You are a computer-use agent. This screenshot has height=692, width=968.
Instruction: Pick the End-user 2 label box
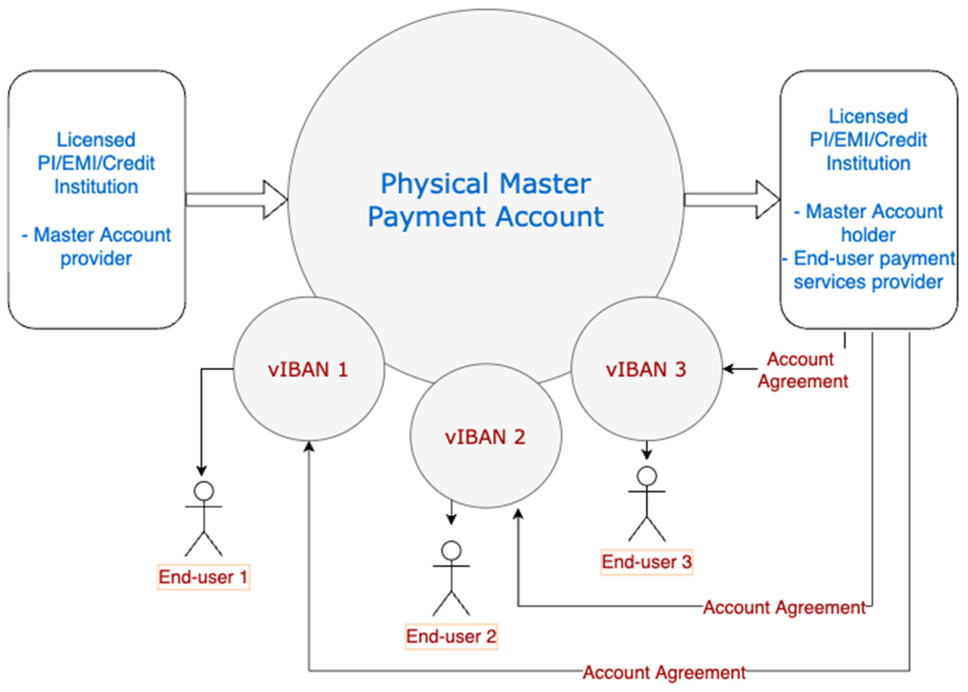[451, 637]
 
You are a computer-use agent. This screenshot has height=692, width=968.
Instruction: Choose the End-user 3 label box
[646, 562]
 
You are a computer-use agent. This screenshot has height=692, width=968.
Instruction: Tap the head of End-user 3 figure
[647, 476]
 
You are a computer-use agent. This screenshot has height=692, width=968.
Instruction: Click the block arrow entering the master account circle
[237, 199]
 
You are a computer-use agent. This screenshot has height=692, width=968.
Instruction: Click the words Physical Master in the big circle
[486, 184]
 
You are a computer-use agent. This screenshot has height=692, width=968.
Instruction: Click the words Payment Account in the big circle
[486, 216]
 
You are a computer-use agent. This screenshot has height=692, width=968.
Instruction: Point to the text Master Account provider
[96, 246]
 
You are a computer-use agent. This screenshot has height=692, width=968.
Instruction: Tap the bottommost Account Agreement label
[664, 673]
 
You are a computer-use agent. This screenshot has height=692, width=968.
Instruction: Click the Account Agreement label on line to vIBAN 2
[784, 607]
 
